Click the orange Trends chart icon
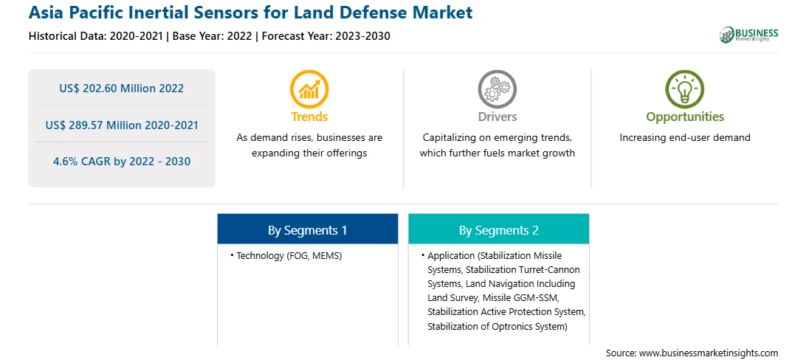(x=309, y=89)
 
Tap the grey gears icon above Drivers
(x=497, y=89)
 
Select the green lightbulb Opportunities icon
(x=685, y=89)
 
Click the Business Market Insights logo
(x=749, y=35)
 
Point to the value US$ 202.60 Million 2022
(x=121, y=89)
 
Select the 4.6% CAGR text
(x=84, y=162)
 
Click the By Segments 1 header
(x=307, y=230)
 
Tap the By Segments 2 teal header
(x=499, y=230)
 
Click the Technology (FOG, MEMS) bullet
(x=286, y=255)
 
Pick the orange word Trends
(x=309, y=117)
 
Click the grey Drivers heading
(x=497, y=117)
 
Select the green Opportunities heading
(x=685, y=117)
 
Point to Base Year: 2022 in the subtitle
(x=213, y=36)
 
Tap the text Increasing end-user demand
(x=685, y=138)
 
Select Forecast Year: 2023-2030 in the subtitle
(x=326, y=36)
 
